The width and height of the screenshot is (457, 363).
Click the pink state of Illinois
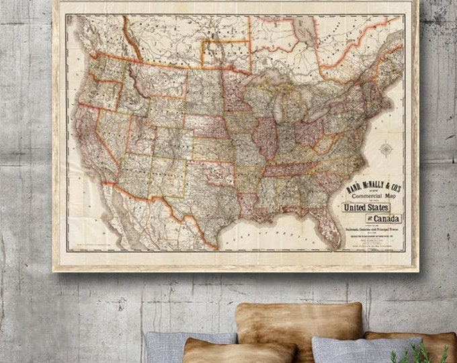(x=265, y=138)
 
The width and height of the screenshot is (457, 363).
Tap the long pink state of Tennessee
(x=289, y=168)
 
